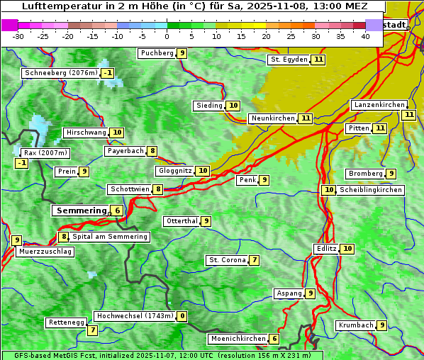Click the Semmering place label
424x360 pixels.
(x=80, y=210)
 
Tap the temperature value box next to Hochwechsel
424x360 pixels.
(x=182, y=316)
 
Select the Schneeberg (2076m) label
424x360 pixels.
(x=60, y=73)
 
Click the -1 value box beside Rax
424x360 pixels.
(x=22, y=164)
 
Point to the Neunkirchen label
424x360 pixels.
(x=272, y=118)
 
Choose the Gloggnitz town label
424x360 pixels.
(x=174, y=171)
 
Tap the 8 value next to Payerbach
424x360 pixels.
(x=152, y=151)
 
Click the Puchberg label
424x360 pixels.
(x=157, y=53)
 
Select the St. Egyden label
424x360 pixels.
(x=289, y=60)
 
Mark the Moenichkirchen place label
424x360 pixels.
(x=238, y=339)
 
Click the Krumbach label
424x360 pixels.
(x=355, y=325)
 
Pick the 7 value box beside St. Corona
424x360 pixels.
(x=254, y=260)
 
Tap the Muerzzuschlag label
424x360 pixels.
(x=45, y=252)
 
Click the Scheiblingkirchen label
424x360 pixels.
(x=371, y=190)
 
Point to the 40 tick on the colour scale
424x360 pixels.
(x=365, y=36)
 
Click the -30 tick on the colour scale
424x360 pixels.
(x=18, y=36)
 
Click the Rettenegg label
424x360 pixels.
(x=67, y=322)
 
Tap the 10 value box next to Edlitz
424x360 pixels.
(x=347, y=249)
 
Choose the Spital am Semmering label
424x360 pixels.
(x=110, y=237)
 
